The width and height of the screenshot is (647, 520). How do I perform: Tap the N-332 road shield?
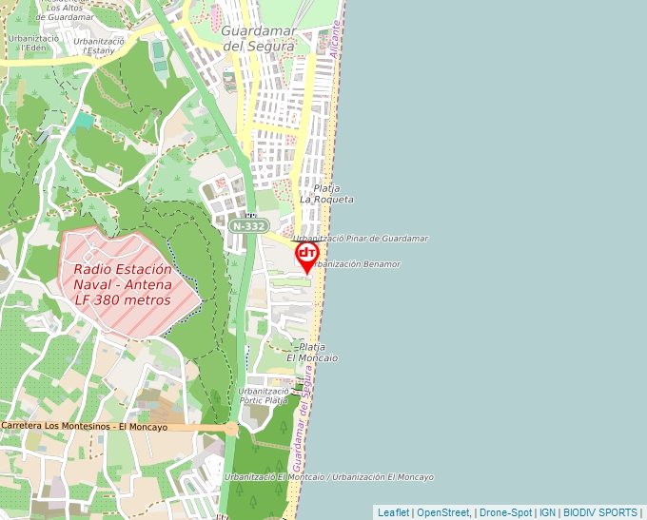pyautogui.click(x=247, y=226)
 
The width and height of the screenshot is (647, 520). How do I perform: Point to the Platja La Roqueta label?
pyautogui.click(x=326, y=194)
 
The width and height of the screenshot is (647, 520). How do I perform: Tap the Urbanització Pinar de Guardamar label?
pyautogui.click(x=361, y=239)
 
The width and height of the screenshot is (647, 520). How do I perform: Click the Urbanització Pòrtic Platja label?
pyautogui.click(x=264, y=395)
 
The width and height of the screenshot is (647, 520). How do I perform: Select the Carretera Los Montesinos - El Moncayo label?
pyautogui.click(x=84, y=427)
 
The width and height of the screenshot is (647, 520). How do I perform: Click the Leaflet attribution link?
pyautogui.click(x=393, y=512)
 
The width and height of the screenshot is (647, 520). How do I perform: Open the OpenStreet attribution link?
pyautogui.click(x=443, y=512)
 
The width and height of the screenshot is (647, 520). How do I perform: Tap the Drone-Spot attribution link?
pyautogui.click(x=504, y=512)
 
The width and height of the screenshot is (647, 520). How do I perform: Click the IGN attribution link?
pyautogui.click(x=547, y=512)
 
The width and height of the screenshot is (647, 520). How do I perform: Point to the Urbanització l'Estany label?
pyautogui.click(x=99, y=46)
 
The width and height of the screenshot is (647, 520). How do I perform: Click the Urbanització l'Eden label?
pyautogui.click(x=33, y=43)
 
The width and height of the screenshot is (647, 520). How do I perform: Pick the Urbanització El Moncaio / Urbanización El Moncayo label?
pyautogui.click(x=329, y=476)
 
